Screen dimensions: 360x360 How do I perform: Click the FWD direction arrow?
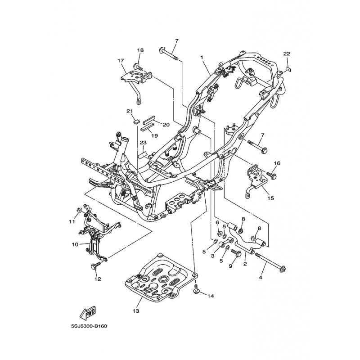pyautogui.click(x=87, y=313)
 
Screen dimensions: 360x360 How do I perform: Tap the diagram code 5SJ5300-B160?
pyautogui.click(x=89, y=326)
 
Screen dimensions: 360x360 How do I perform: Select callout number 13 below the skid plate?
pyautogui.click(x=136, y=311)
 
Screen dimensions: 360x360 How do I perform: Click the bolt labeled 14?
pyautogui.click(x=196, y=289)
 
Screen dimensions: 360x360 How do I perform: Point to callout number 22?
pyautogui.click(x=287, y=54)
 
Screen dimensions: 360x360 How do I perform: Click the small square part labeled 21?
pyautogui.click(x=136, y=121)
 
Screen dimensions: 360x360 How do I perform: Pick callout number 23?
pyautogui.click(x=143, y=143)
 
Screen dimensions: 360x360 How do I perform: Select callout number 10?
pyautogui.click(x=75, y=244)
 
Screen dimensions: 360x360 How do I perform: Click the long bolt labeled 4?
pyautogui.click(x=270, y=261)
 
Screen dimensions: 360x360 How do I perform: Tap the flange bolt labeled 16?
pyautogui.click(x=271, y=175)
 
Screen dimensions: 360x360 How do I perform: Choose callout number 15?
pyautogui.click(x=271, y=198)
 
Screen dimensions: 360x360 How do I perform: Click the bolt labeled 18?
pyautogui.click(x=138, y=67)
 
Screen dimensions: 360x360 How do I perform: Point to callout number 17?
pyautogui.click(x=121, y=61)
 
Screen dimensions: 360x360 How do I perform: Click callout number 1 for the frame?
pyautogui.click(x=202, y=58)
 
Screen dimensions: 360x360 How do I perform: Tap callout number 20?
pyautogui.click(x=166, y=125)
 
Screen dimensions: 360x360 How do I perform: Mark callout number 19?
pyautogui.click(x=154, y=136)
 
